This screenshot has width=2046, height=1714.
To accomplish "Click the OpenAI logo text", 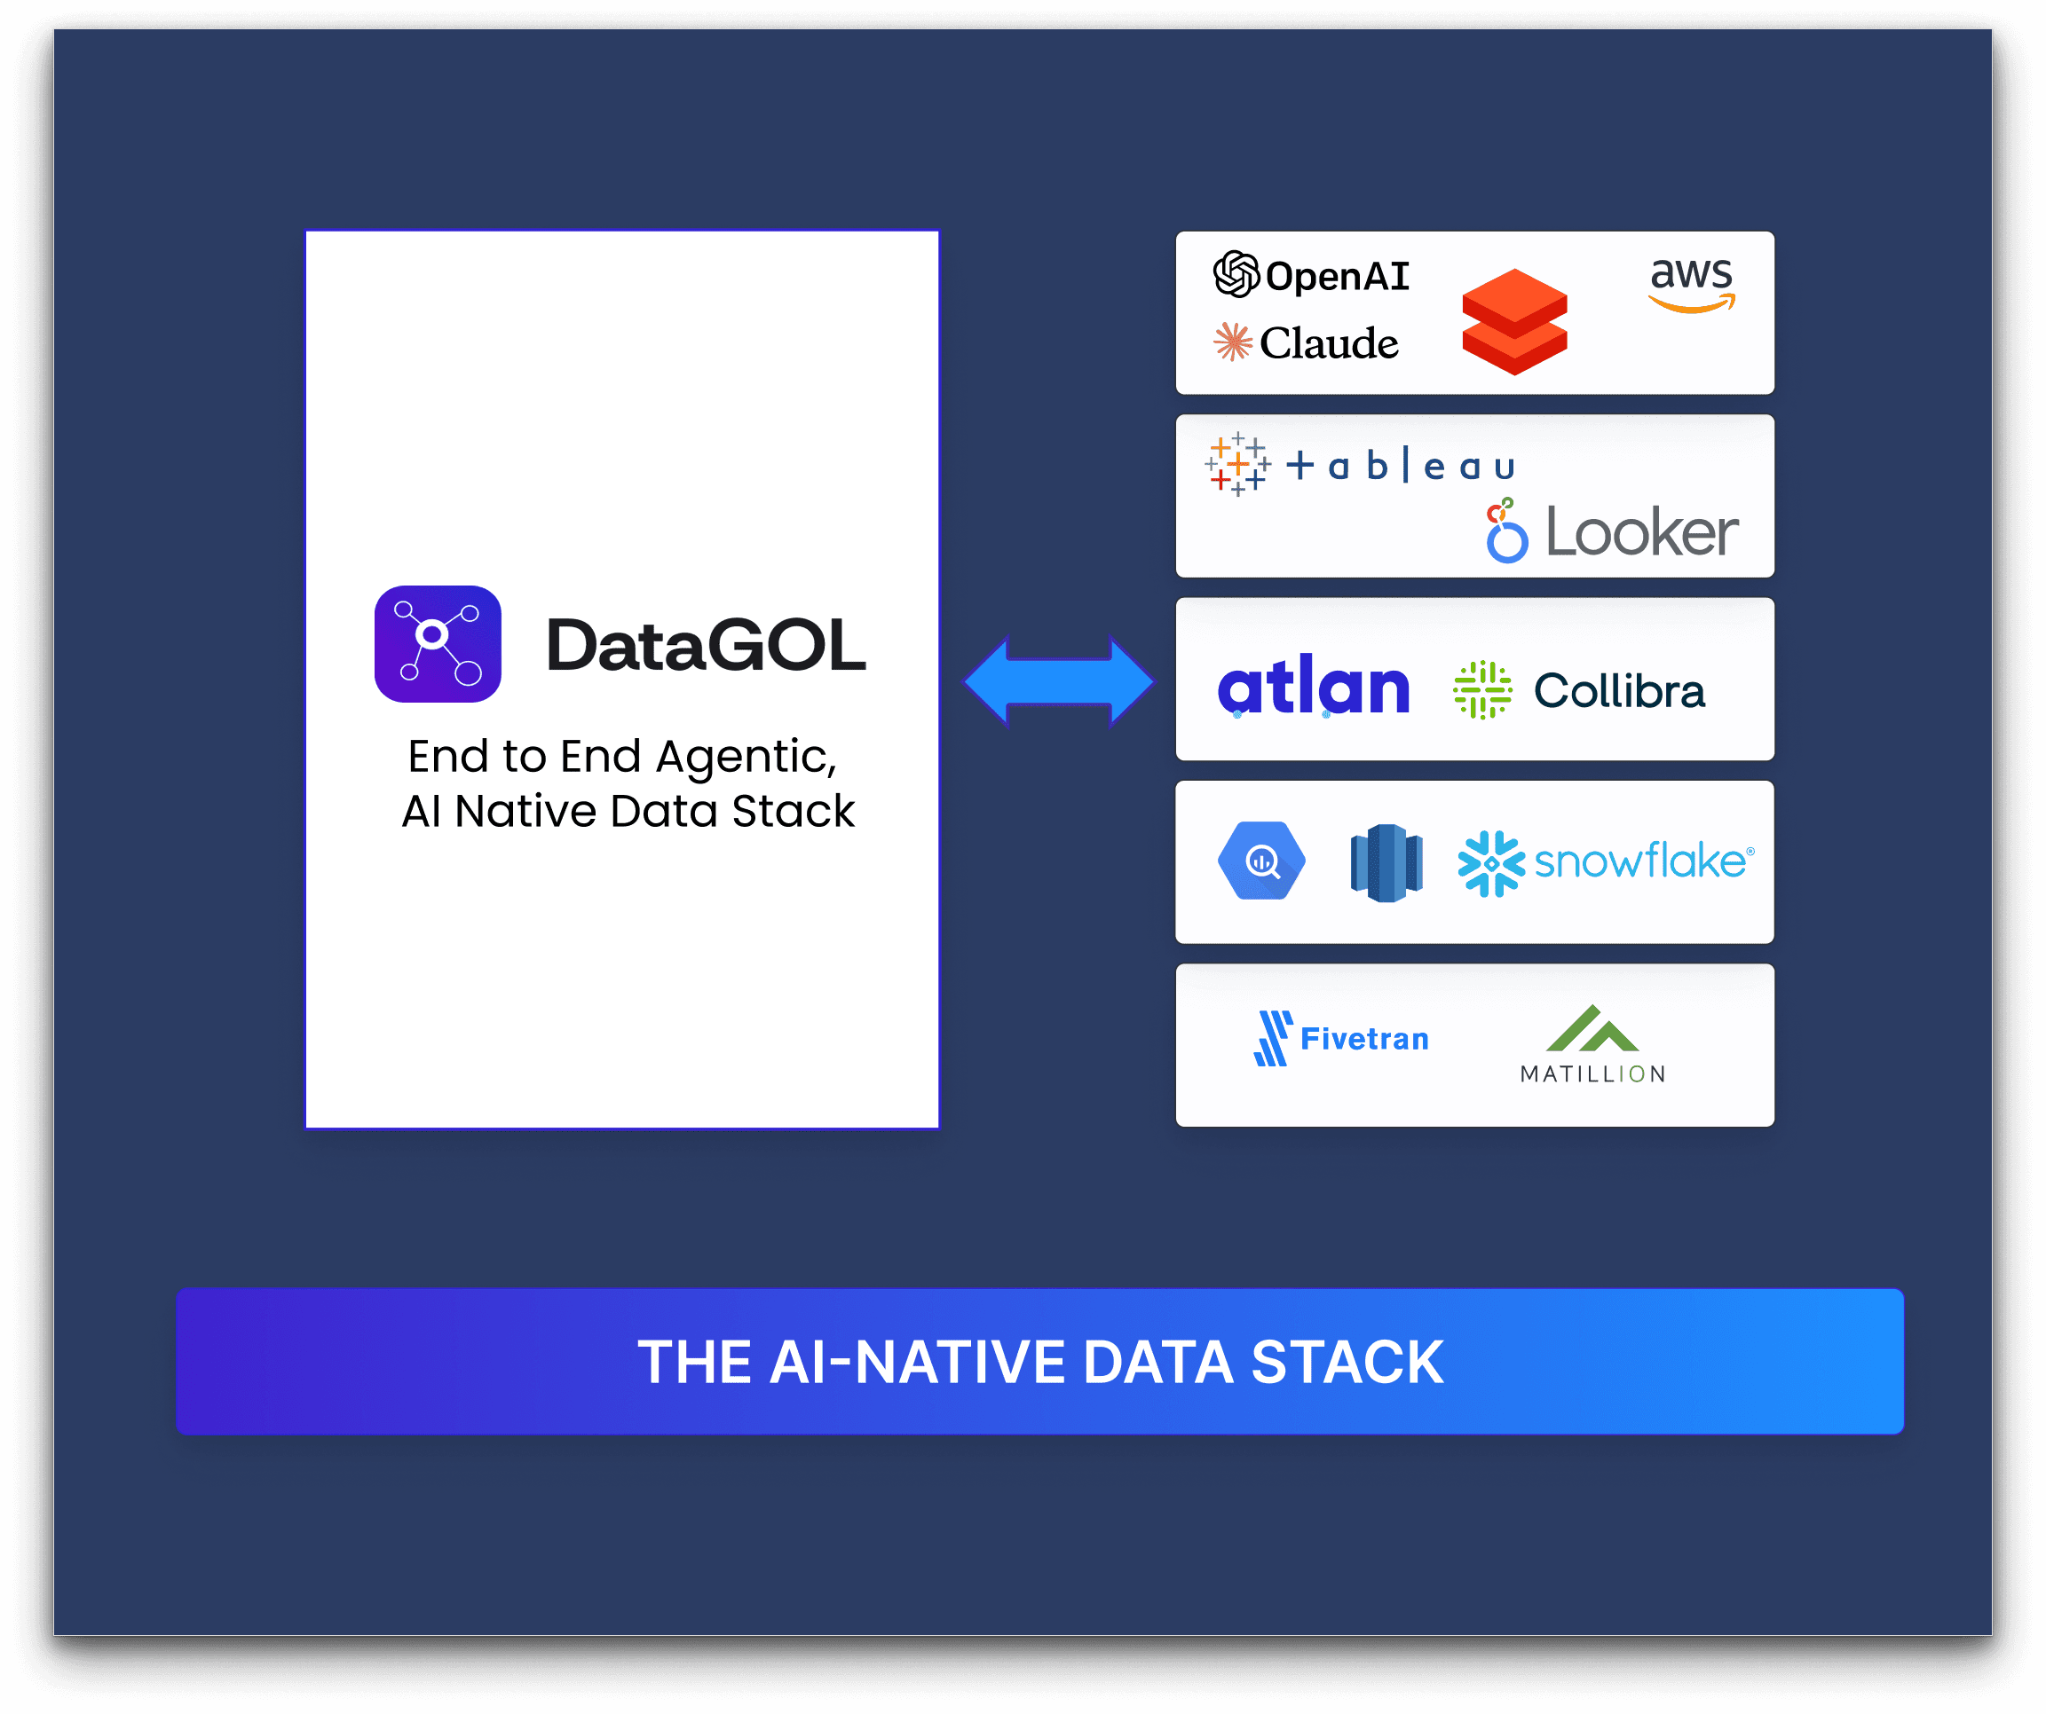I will pos(1336,277).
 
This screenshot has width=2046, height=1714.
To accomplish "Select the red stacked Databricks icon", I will pos(1514,321).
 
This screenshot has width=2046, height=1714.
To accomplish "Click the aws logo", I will pos(1691,283).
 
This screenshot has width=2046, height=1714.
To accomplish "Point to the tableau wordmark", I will pos(1400,467).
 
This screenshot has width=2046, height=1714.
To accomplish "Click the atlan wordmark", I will pos(1314,686).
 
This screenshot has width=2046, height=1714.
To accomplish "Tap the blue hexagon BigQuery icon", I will pos(1261,861).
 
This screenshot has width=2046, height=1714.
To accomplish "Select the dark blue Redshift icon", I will pos(1386,863).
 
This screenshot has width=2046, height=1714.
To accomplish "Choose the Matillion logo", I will pos(1592,1045).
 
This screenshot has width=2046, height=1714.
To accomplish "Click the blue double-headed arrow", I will pos(1059,680).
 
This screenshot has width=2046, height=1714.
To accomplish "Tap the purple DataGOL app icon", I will pos(438,644).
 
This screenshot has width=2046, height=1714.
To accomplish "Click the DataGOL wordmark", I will pos(706,646).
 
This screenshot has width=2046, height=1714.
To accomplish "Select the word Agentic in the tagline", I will pos(746,758).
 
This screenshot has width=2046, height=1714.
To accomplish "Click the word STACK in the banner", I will pos(1347,1362).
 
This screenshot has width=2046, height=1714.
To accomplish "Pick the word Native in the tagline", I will pos(525,811).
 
